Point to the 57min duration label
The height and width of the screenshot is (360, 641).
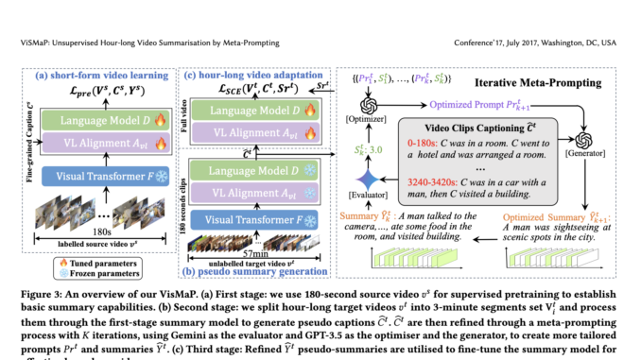click(x=254, y=256)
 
